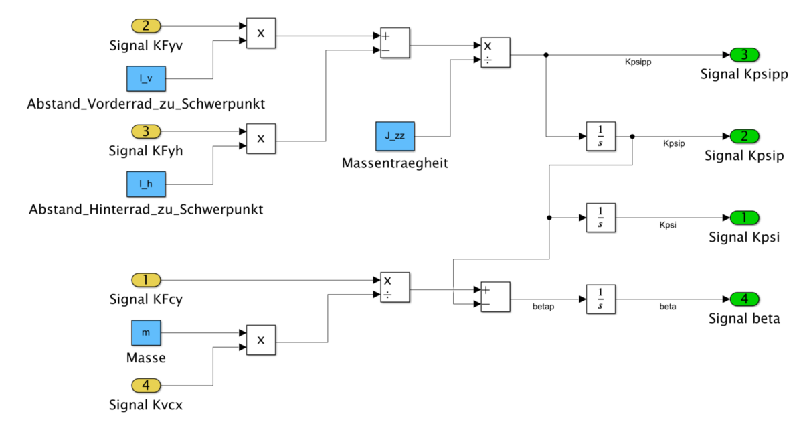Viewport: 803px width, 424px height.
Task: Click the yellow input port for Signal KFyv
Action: pyautogui.click(x=146, y=27)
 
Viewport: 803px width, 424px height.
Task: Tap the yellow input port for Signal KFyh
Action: pyautogui.click(x=146, y=131)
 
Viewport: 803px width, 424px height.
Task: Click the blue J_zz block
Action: pyautogui.click(x=395, y=137)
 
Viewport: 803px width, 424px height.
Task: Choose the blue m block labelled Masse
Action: pyautogui.click(x=146, y=332)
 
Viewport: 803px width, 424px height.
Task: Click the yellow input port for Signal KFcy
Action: pyautogui.click(x=146, y=280)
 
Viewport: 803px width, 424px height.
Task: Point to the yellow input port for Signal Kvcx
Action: pyautogui.click(x=146, y=385)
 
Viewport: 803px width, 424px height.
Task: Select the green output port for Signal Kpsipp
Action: pyautogui.click(x=743, y=54)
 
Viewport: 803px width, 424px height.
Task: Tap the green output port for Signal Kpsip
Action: pyautogui.click(x=743, y=137)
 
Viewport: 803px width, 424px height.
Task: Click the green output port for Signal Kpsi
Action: pyautogui.click(x=743, y=218)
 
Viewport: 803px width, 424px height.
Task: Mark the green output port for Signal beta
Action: pyautogui.click(x=743, y=299)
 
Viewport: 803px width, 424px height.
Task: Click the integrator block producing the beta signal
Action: pyautogui.click(x=600, y=299)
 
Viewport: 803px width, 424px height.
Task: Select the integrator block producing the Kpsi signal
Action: pyautogui.click(x=600, y=218)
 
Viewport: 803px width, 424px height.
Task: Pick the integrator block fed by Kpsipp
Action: pyautogui.click(x=600, y=137)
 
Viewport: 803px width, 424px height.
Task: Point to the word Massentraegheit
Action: pyautogui.click(x=395, y=163)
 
